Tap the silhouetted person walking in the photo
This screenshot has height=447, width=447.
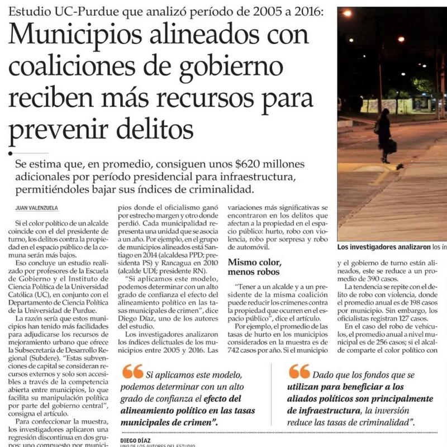(384, 135)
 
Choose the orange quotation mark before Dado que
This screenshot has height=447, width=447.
(299, 371)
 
